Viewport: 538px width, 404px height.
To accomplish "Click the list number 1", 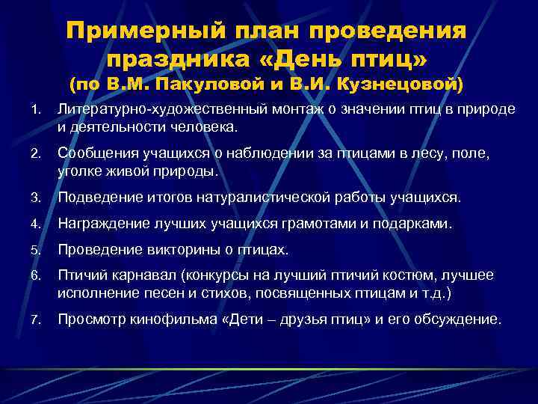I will coord(34,110).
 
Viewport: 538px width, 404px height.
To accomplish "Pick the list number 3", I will coord(34,198).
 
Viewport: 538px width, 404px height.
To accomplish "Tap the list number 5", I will coord(34,249).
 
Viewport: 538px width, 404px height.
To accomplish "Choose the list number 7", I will coord(34,319).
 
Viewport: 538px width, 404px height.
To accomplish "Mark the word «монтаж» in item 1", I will coord(282,110).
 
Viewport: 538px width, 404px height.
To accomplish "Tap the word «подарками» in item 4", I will coord(413,224).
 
